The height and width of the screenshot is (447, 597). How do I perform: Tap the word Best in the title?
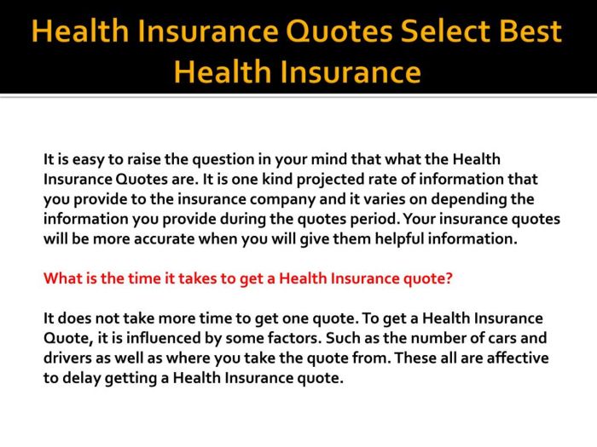pyautogui.click(x=526, y=32)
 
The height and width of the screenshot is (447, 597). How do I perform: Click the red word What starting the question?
pyautogui.click(x=63, y=278)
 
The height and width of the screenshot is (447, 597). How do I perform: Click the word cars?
pyautogui.click(x=500, y=338)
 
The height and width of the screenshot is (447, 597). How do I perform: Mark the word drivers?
pyautogui.click(x=68, y=358)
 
